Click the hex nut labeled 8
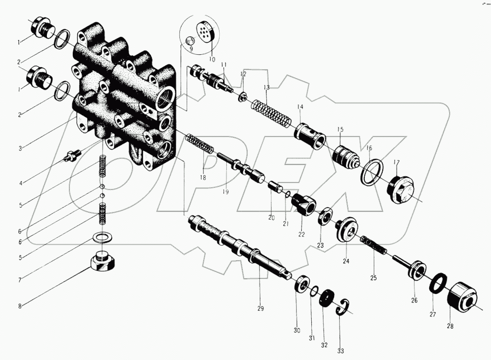[x=104, y=263]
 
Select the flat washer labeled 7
[x=102, y=238]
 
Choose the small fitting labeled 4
[x=71, y=155]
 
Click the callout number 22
[x=302, y=234]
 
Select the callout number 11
[x=224, y=64]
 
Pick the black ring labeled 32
[x=327, y=300]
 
